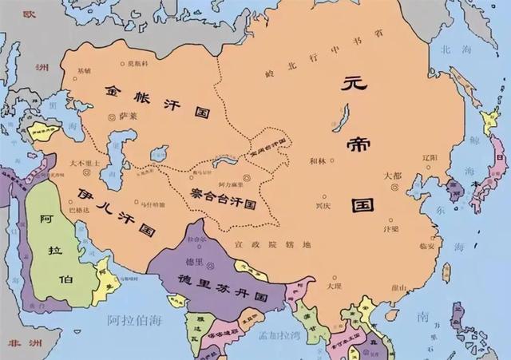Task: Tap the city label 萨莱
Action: click(129, 115)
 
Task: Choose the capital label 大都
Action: click(392, 176)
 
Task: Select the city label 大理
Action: click(333, 283)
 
